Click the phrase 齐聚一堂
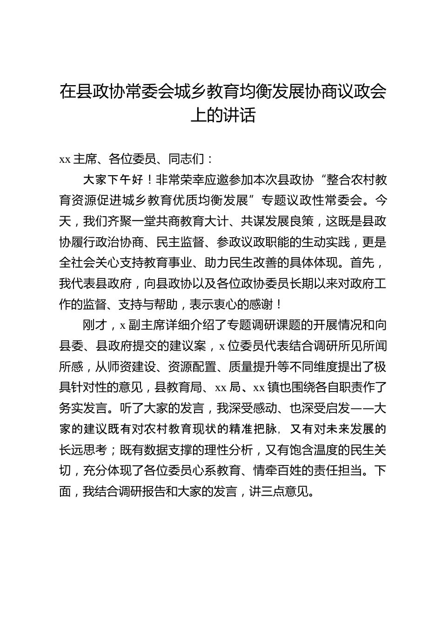pos(131,221)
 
